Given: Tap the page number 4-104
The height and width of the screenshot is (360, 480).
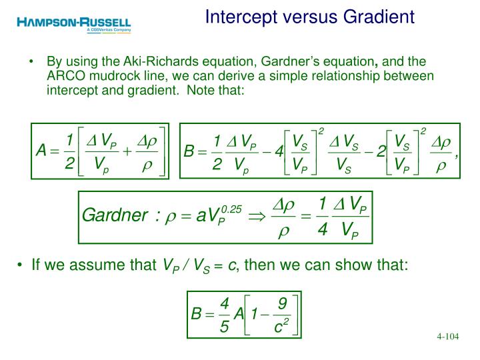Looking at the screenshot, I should pos(448,336).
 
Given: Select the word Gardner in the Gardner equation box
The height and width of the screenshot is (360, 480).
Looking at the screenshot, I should pos(114,215).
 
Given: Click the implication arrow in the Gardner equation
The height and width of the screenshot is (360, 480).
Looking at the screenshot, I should pos(257,216).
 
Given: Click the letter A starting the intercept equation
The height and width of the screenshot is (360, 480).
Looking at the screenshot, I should pos(41,151).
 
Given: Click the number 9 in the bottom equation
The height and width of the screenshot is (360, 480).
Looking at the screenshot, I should pos(282,304).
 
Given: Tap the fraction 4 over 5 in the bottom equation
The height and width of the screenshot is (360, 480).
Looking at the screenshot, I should pos(225,315).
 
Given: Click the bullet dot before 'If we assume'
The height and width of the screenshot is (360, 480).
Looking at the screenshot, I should pos(21,265).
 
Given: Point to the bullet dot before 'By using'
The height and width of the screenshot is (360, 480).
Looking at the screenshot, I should pos(32,61).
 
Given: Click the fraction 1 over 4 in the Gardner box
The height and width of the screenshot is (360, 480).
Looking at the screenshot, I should pos(323,216).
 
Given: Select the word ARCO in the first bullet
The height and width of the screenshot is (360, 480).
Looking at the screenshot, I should pos(64,75).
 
